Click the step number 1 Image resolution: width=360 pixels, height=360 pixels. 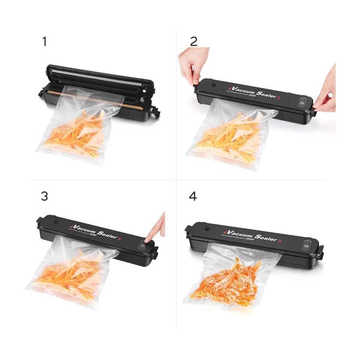45,42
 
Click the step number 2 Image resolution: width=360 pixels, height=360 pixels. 193,42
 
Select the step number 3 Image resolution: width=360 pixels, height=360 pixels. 45,196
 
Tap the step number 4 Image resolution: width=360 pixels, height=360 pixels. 193,196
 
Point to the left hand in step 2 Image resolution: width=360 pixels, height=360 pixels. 194,64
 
